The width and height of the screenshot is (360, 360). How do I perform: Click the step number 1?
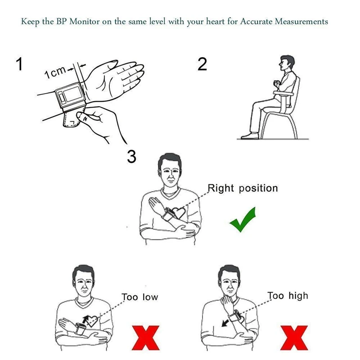(20, 64)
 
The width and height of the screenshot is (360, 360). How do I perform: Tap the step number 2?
(202, 64)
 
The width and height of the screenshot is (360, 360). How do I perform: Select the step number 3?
(131, 157)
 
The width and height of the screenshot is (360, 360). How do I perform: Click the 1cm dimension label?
(55, 72)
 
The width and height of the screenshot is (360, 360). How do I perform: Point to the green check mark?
(243, 220)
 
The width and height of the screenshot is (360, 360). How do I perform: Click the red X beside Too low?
(145, 338)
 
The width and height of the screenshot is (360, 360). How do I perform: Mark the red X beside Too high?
(294, 338)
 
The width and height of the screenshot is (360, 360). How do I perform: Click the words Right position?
(243, 188)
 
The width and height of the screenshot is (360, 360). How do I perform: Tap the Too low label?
(140, 297)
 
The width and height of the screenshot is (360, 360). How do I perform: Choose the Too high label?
(288, 296)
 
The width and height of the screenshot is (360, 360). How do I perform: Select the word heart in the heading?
(215, 22)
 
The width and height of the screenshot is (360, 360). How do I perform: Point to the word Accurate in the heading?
(256, 22)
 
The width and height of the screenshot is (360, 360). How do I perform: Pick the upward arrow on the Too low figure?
(85, 320)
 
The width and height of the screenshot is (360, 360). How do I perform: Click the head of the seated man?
(287, 63)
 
